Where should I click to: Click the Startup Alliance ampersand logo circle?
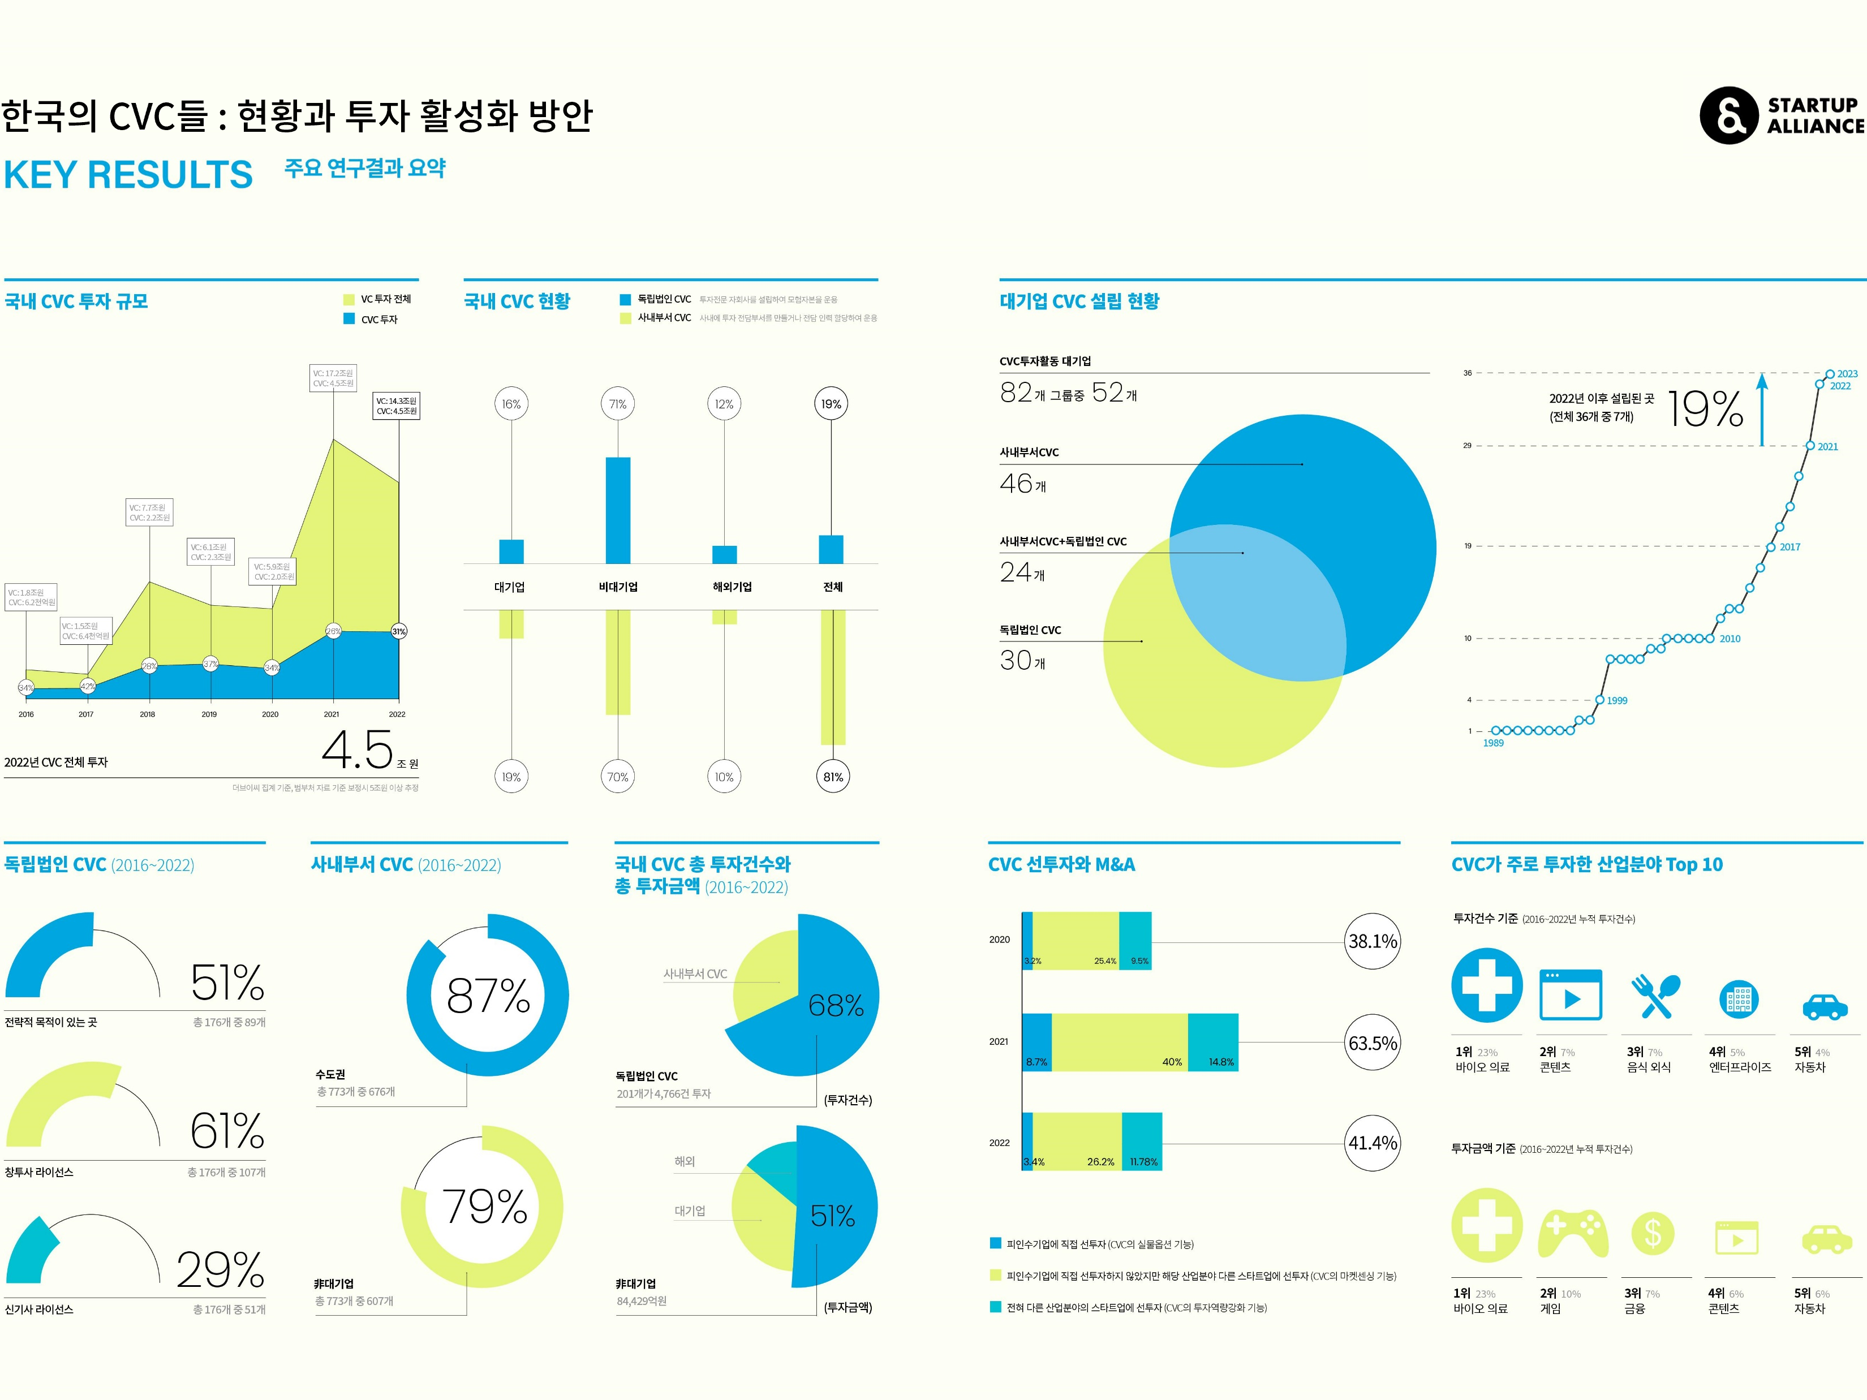[1728, 115]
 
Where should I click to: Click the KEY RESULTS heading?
[128, 175]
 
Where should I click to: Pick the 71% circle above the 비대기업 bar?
[618, 404]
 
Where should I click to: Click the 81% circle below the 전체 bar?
[832, 777]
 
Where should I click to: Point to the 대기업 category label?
[510, 587]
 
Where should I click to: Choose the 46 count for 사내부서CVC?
[1017, 484]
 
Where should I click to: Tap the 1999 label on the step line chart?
[1616, 700]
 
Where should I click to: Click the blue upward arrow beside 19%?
[1762, 410]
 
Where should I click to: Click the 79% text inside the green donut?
[484, 1206]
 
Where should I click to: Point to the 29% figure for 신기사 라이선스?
[220, 1269]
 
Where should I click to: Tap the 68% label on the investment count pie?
[836, 1005]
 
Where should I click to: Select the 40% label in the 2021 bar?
[1172, 1062]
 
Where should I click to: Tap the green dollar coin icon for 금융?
[1653, 1234]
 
